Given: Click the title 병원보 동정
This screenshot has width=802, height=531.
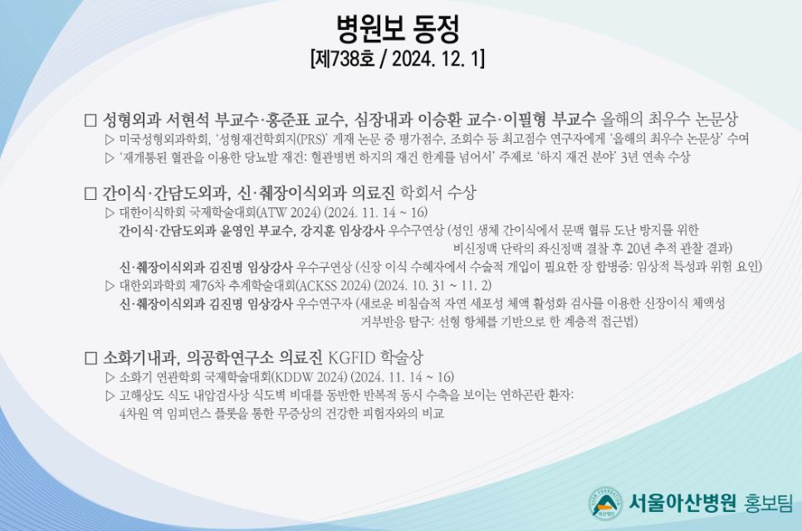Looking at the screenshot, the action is (398, 28).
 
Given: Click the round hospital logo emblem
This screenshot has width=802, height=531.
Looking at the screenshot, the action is (605, 503).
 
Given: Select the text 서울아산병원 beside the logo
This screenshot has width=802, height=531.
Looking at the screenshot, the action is (682, 503).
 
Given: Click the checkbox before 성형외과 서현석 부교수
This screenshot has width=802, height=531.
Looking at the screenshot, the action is (90, 120).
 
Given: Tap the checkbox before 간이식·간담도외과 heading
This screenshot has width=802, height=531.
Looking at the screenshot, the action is (90, 193).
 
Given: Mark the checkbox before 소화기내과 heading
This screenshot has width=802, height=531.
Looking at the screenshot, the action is (90, 358).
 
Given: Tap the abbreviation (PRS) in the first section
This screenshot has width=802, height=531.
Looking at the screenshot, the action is (311, 139).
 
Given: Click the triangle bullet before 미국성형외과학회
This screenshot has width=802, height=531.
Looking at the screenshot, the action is (110, 139).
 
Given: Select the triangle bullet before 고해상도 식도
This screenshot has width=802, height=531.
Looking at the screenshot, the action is (110, 396).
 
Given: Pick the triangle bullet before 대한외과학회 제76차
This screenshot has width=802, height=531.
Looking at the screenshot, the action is (110, 285).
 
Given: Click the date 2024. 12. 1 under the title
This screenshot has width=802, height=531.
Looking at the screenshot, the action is (437, 59).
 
